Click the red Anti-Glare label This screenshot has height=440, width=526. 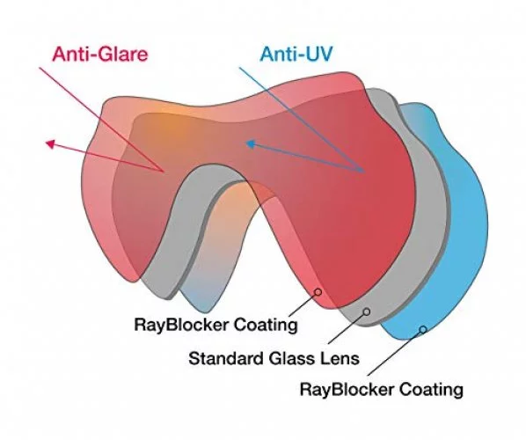point(100,54)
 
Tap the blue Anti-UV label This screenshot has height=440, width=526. point(296,54)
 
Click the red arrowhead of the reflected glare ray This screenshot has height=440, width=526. point(50,144)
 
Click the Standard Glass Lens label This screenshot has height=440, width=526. point(274,358)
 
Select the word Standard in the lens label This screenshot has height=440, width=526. point(225,358)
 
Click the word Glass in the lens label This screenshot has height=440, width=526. point(291,358)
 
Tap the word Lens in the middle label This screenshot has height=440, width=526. point(340,358)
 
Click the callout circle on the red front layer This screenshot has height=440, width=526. point(318,292)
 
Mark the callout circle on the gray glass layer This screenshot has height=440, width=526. point(367,312)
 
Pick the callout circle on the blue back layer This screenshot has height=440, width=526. point(423,329)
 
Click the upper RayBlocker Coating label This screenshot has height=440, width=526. point(216,325)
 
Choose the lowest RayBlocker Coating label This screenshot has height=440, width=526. point(382,390)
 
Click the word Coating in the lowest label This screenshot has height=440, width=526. point(431,390)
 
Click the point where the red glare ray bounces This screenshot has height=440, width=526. point(164,172)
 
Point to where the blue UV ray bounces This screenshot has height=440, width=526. point(363,172)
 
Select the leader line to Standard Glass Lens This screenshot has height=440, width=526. point(347,328)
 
